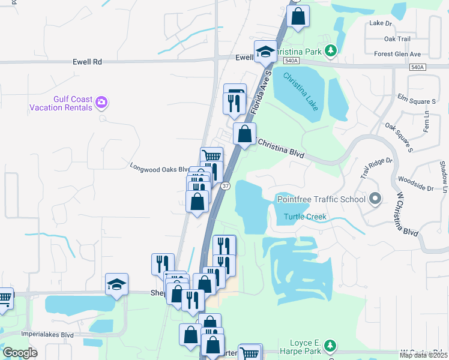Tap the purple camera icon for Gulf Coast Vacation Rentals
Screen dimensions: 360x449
tap(102, 102)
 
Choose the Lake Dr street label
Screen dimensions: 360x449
tap(381, 23)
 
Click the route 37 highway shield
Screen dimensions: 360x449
tap(225, 187)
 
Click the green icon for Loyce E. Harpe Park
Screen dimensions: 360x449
tap(330, 345)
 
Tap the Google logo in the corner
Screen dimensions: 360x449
tap(20, 353)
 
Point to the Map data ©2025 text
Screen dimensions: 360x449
tap(423, 355)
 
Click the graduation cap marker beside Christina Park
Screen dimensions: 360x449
tap(264, 52)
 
